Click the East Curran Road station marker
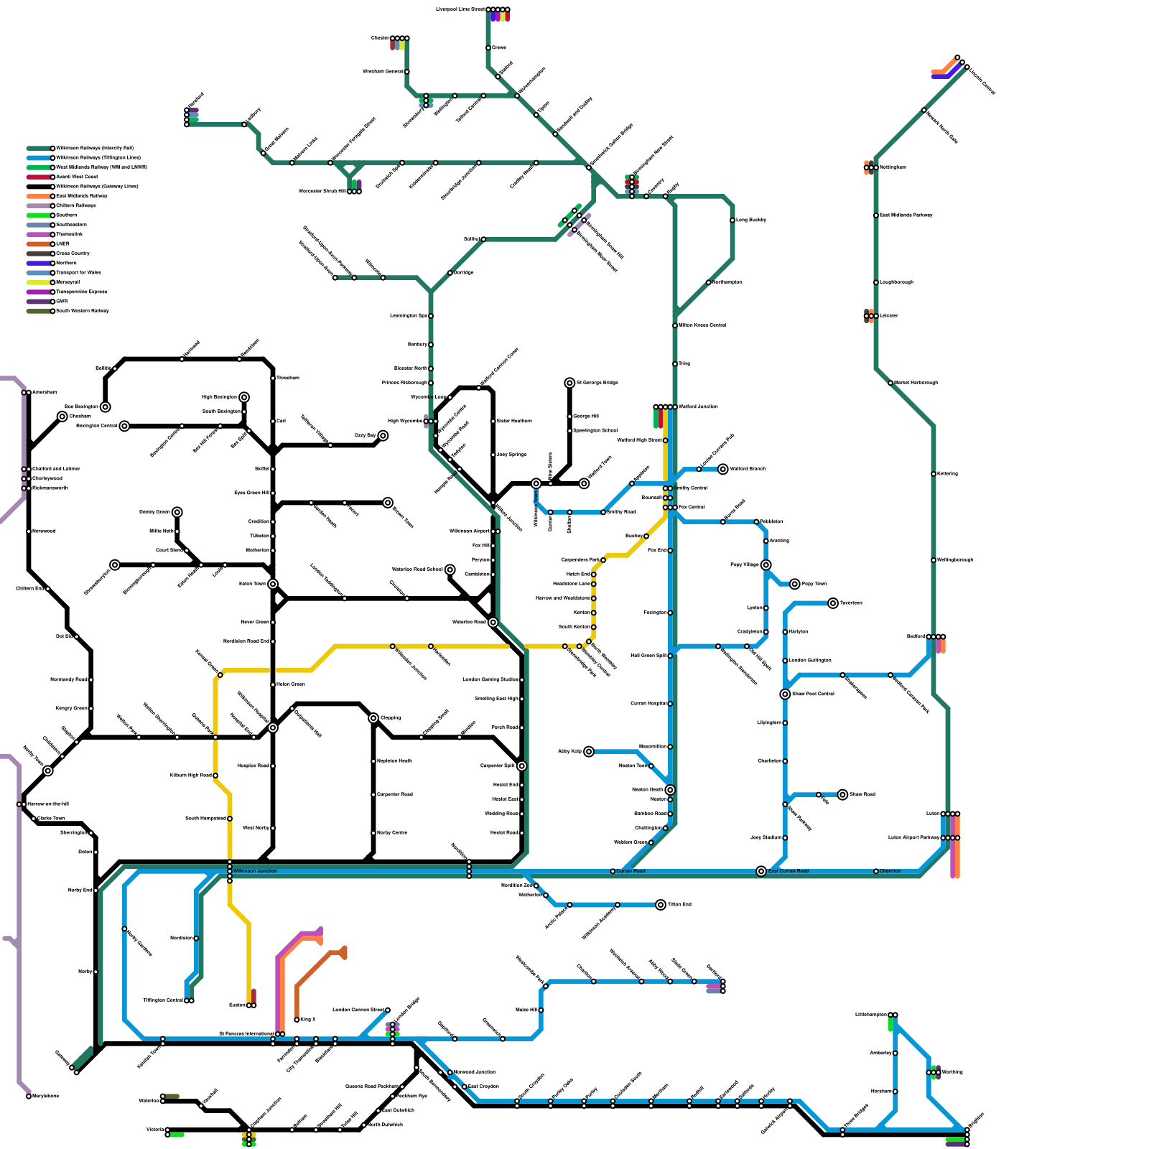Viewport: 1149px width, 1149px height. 761,871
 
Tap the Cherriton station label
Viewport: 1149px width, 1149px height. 890,871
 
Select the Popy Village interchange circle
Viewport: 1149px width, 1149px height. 766,565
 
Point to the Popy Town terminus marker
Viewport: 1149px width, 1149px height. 795,584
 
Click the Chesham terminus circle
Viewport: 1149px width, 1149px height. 62,417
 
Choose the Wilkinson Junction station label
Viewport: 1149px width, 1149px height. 255,871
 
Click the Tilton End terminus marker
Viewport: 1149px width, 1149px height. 661,905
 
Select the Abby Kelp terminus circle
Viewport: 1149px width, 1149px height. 589,752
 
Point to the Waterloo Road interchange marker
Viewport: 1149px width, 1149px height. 493,623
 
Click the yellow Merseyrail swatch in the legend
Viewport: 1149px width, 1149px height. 39,282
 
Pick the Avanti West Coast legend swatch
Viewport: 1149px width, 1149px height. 39,177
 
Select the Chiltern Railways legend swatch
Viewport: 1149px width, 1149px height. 39,205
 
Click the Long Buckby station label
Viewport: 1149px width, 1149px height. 751,220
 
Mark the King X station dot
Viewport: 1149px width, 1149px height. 297,1020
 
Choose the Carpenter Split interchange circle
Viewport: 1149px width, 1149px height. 522,766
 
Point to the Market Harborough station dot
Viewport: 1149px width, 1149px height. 890,383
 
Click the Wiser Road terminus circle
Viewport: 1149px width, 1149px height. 842,795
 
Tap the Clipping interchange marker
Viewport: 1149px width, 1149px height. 373,718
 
